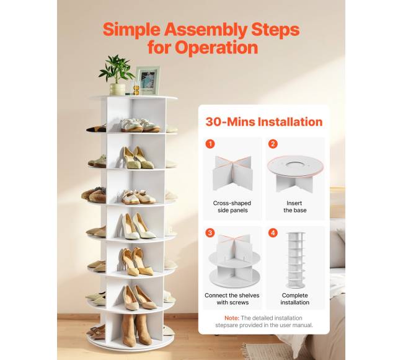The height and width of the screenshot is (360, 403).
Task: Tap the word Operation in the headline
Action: (216, 48)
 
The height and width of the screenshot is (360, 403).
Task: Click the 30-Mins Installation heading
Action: (264, 121)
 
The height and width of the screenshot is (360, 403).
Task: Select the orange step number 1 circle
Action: (210, 144)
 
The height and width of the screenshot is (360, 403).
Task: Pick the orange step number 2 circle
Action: (273, 144)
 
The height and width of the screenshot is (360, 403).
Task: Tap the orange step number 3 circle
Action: (210, 233)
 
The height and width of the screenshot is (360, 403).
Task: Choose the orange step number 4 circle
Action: (273, 233)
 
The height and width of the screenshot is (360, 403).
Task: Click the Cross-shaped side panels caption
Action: (232, 207)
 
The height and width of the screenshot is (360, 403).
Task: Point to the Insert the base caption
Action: (294, 207)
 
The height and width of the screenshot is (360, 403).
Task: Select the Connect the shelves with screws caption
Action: (232, 299)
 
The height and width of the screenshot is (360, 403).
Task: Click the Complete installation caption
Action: (294, 299)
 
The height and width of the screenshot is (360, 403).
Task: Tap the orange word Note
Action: (232, 318)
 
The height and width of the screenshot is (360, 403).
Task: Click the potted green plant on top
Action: (117, 75)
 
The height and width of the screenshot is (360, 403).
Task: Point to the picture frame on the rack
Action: (148, 81)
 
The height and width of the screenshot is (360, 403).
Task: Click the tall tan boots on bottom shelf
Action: (136, 330)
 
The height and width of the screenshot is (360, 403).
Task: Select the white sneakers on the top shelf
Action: (140, 125)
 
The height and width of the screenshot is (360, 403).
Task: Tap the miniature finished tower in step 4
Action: (296, 260)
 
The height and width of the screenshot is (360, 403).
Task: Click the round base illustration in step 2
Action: (295, 173)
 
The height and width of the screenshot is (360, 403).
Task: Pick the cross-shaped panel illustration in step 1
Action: (232, 172)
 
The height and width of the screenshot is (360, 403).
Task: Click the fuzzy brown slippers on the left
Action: (94, 195)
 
